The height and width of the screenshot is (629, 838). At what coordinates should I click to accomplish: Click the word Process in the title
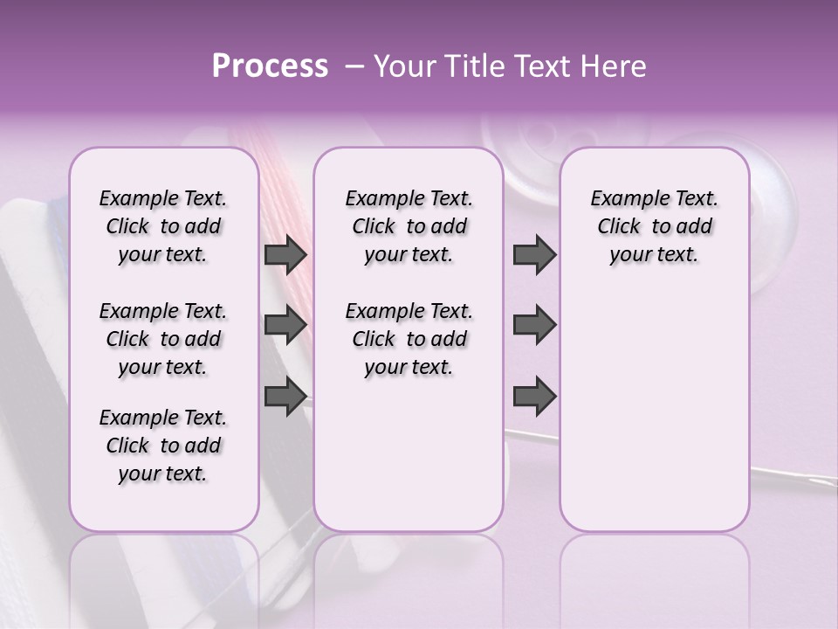(270, 66)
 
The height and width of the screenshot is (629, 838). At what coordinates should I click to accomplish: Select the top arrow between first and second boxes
(285, 255)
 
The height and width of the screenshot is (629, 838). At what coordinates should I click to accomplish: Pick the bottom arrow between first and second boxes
(285, 397)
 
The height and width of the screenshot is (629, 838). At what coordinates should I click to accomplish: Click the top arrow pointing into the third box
(534, 255)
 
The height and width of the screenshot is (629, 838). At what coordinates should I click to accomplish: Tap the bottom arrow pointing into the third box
(534, 397)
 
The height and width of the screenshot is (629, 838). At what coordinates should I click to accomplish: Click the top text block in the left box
(163, 226)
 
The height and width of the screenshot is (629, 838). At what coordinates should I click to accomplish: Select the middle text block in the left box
(163, 339)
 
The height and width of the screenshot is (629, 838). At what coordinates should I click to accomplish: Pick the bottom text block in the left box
(163, 446)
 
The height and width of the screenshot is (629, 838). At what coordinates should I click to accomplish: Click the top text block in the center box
(409, 226)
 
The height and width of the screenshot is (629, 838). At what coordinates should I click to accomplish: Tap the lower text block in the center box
(409, 339)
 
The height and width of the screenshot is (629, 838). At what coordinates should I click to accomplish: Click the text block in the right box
(655, 226)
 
